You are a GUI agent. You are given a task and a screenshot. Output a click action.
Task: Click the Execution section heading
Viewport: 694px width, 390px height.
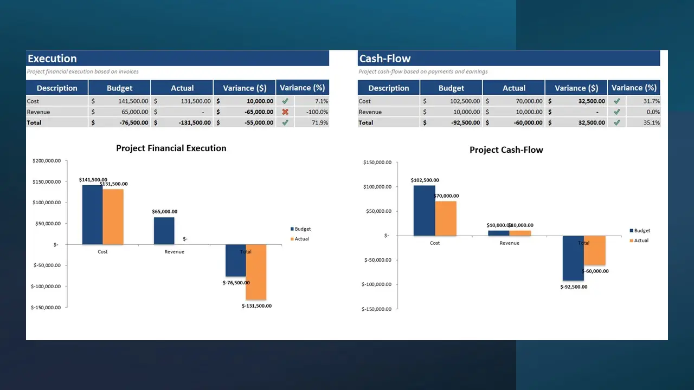[x=52, y=58]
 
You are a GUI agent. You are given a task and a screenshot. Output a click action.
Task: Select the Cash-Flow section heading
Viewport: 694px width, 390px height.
[x=384, y=58]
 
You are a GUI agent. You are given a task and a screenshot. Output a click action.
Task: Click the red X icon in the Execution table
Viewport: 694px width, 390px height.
[x=285, y=112]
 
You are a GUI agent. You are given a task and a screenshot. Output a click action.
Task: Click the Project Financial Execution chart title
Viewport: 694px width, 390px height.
[x=171, y=148]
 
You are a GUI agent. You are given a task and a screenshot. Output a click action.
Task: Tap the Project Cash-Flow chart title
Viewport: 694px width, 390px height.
[x=506, y=149]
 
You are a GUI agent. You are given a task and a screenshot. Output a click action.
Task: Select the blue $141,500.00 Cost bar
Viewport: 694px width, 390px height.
[x=92, y=214]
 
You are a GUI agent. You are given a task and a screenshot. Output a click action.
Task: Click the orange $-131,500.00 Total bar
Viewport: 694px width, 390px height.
[x=256, y=272]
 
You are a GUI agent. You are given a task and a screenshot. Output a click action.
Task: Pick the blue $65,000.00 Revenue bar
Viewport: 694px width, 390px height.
[x=164, y=231]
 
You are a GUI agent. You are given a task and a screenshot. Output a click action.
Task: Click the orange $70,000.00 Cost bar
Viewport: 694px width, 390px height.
[x=446, y=218]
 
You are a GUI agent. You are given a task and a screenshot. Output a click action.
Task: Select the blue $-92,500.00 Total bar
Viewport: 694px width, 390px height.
[x=573, y=258]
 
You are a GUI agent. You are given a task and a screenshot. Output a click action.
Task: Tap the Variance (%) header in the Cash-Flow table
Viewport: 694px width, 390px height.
[x=634, y=88]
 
